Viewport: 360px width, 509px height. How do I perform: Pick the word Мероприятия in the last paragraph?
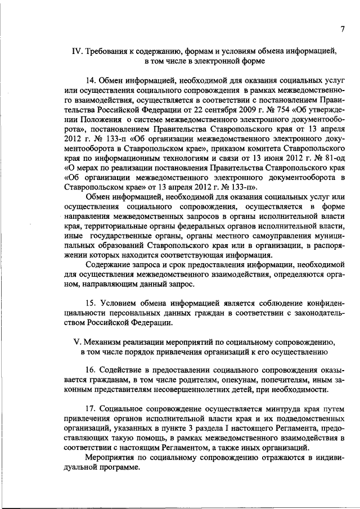tap(112, 458)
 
